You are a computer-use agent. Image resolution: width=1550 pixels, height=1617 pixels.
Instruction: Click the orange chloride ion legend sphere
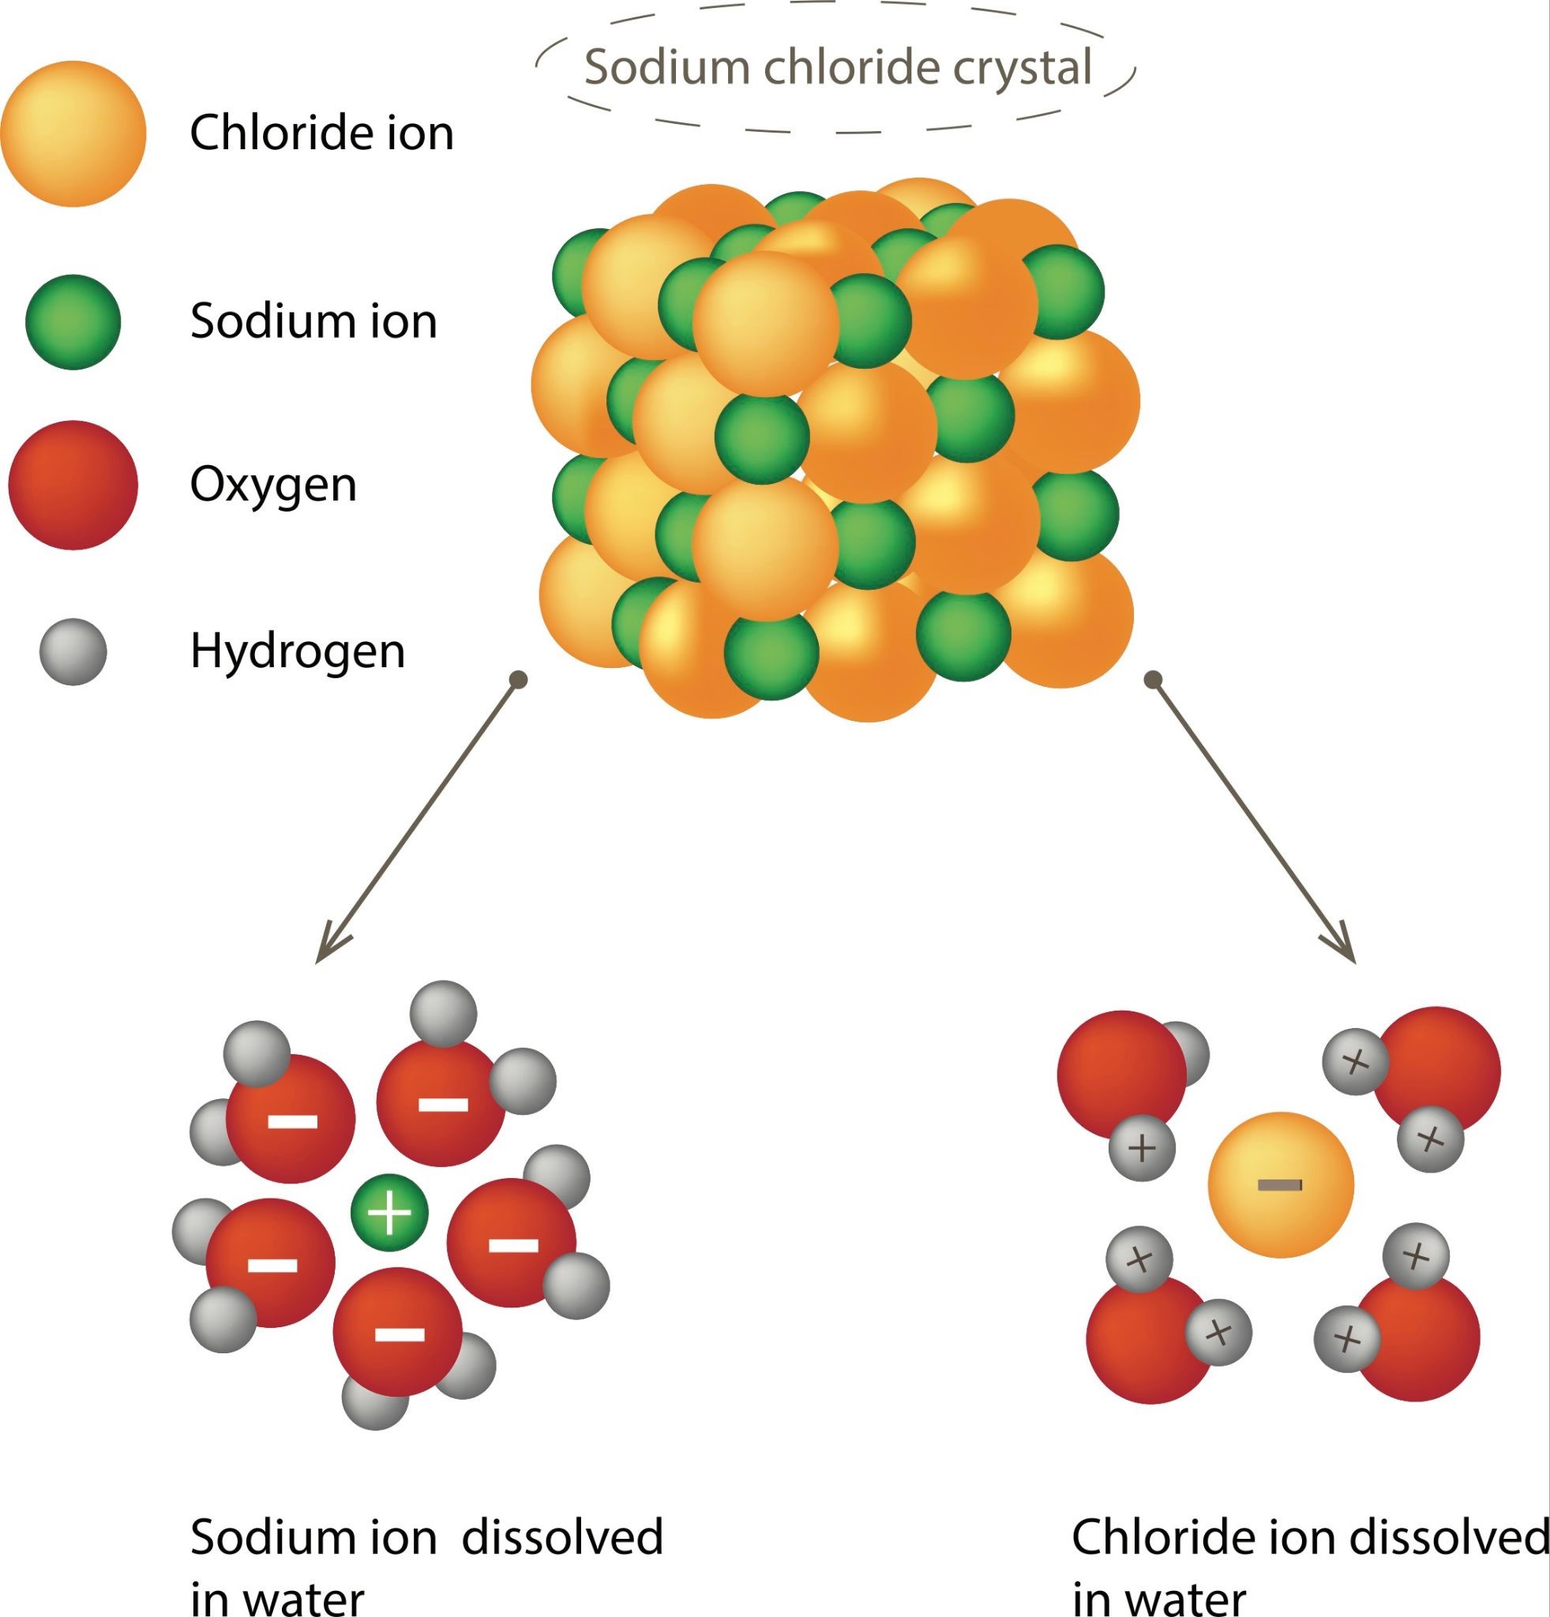tap(73, 133)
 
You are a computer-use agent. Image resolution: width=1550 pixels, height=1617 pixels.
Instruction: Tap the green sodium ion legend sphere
tap(73, 322)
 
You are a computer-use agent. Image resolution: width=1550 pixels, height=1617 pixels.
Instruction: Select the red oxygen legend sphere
tap(73, 485)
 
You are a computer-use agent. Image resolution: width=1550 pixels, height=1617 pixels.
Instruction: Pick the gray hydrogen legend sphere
tap(73, 651)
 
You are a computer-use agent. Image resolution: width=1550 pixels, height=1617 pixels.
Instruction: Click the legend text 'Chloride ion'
tap(321, 133)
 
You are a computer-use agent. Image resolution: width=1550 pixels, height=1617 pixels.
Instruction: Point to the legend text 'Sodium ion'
tap(313, 322)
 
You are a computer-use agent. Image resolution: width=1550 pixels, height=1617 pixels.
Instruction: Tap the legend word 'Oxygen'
tap(273, 485)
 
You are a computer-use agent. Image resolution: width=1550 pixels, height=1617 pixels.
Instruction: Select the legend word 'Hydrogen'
tap(298, 651)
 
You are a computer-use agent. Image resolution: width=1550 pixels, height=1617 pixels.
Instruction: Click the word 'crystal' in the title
tap(1023, 68)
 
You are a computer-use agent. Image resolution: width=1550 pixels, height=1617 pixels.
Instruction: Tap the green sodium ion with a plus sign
tap(389, 1213)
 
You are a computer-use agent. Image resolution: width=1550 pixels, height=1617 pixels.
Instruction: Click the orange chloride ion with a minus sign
tap(1280, 1184)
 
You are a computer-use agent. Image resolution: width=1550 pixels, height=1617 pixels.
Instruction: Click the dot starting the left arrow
tap(519, 680)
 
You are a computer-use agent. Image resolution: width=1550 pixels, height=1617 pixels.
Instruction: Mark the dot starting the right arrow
tap(1154, 680)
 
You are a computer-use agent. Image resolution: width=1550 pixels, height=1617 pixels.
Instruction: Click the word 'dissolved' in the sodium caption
tap(562, 1537)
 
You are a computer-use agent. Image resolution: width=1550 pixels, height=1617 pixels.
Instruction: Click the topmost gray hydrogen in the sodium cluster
tap(444, 1013)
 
